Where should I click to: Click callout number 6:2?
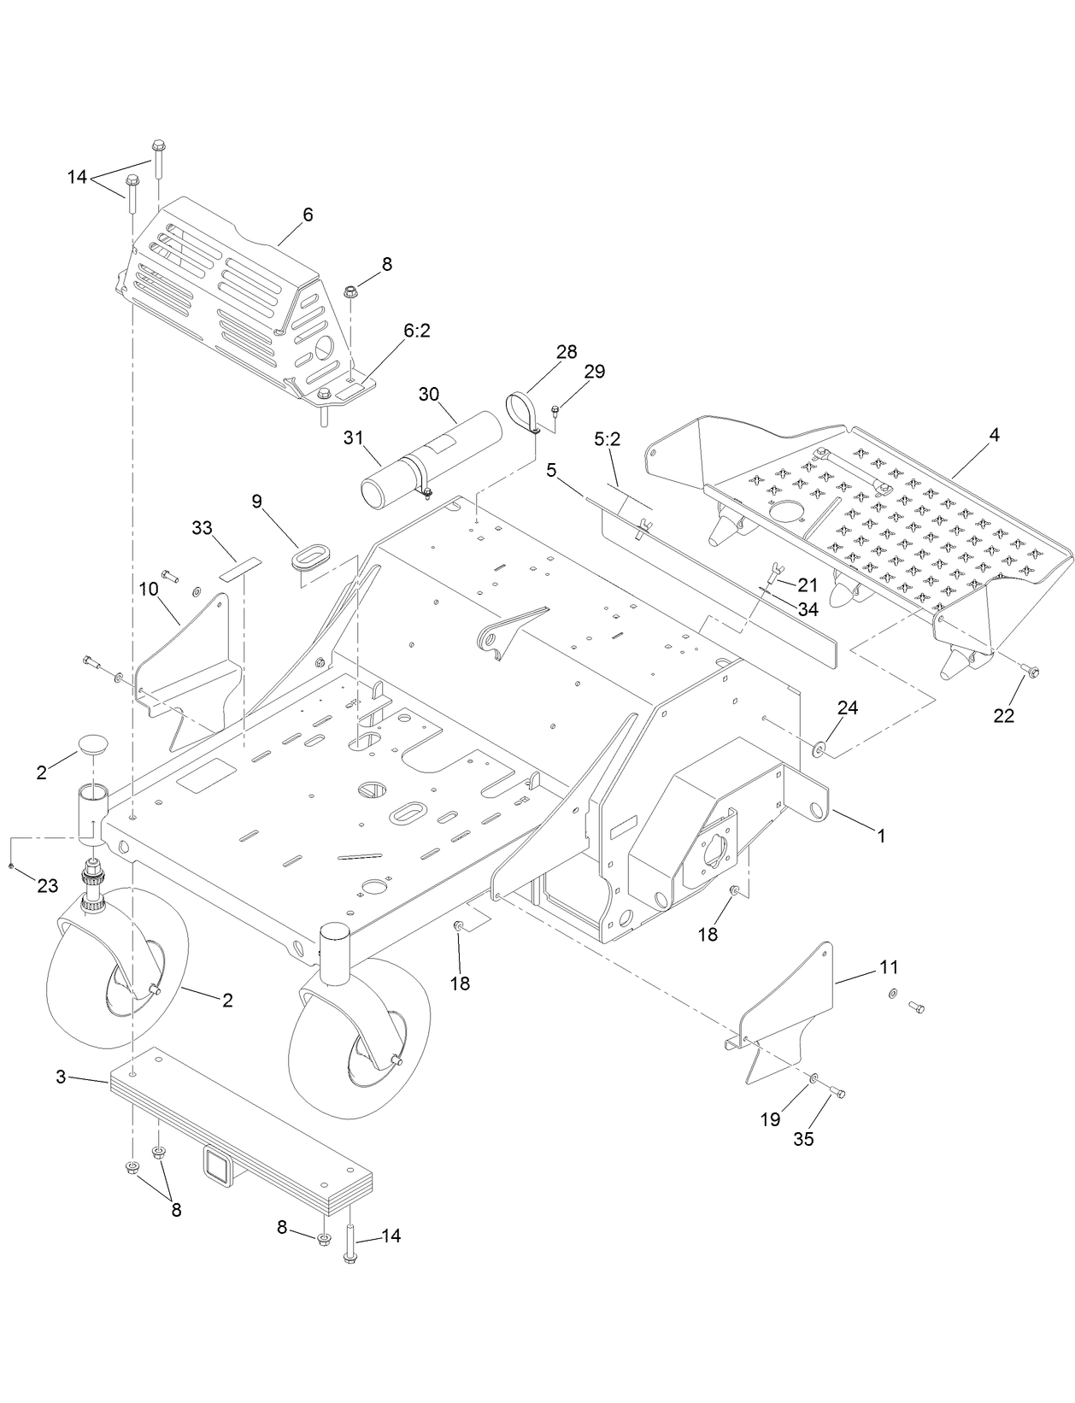[416, 330]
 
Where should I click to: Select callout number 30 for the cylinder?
[429, 394]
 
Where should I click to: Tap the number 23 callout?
[47, 886]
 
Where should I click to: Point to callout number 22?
[1003, 716]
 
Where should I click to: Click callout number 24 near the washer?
[848, 708]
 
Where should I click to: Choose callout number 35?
[803, 1139]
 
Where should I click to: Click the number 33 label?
[202, 529]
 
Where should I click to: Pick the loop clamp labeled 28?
[519, 410]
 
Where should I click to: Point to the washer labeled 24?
[819, 749]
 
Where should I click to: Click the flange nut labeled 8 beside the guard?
[350, 292]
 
